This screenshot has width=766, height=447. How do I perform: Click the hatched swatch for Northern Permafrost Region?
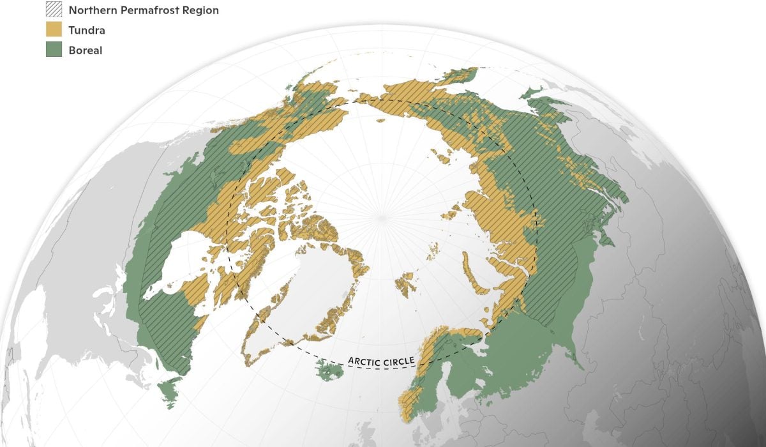(54, 10)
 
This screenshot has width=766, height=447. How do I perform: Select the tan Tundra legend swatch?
(54, 30)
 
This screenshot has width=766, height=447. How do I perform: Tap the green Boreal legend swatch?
(54, 50)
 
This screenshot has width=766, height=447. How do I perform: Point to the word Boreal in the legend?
(86, 50)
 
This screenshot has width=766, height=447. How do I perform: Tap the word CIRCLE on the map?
(399, 361)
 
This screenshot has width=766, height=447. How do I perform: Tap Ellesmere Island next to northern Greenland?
(313, 223)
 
